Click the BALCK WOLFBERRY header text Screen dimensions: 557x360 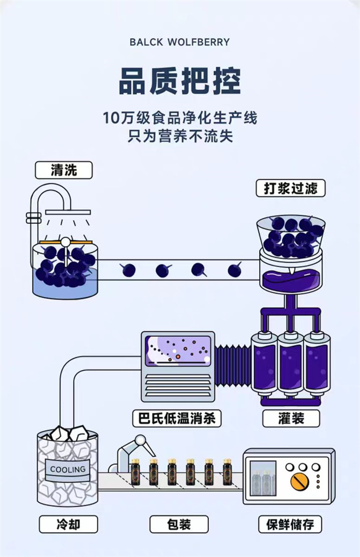click(179, 42)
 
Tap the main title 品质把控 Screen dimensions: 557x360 click(180, 81)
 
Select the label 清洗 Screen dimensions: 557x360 click(64, 170)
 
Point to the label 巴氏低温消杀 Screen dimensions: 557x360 click(177, 418)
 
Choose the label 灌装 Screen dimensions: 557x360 click(291, 418)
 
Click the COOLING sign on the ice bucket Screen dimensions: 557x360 click(68, 469)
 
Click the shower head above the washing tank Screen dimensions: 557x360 click(68, 212)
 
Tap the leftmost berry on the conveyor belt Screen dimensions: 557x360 click(128, 270)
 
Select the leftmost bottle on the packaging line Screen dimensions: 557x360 click(135, 472)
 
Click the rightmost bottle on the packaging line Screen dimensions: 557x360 click(227, 472)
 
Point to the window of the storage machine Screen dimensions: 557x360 click(263, 478)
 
